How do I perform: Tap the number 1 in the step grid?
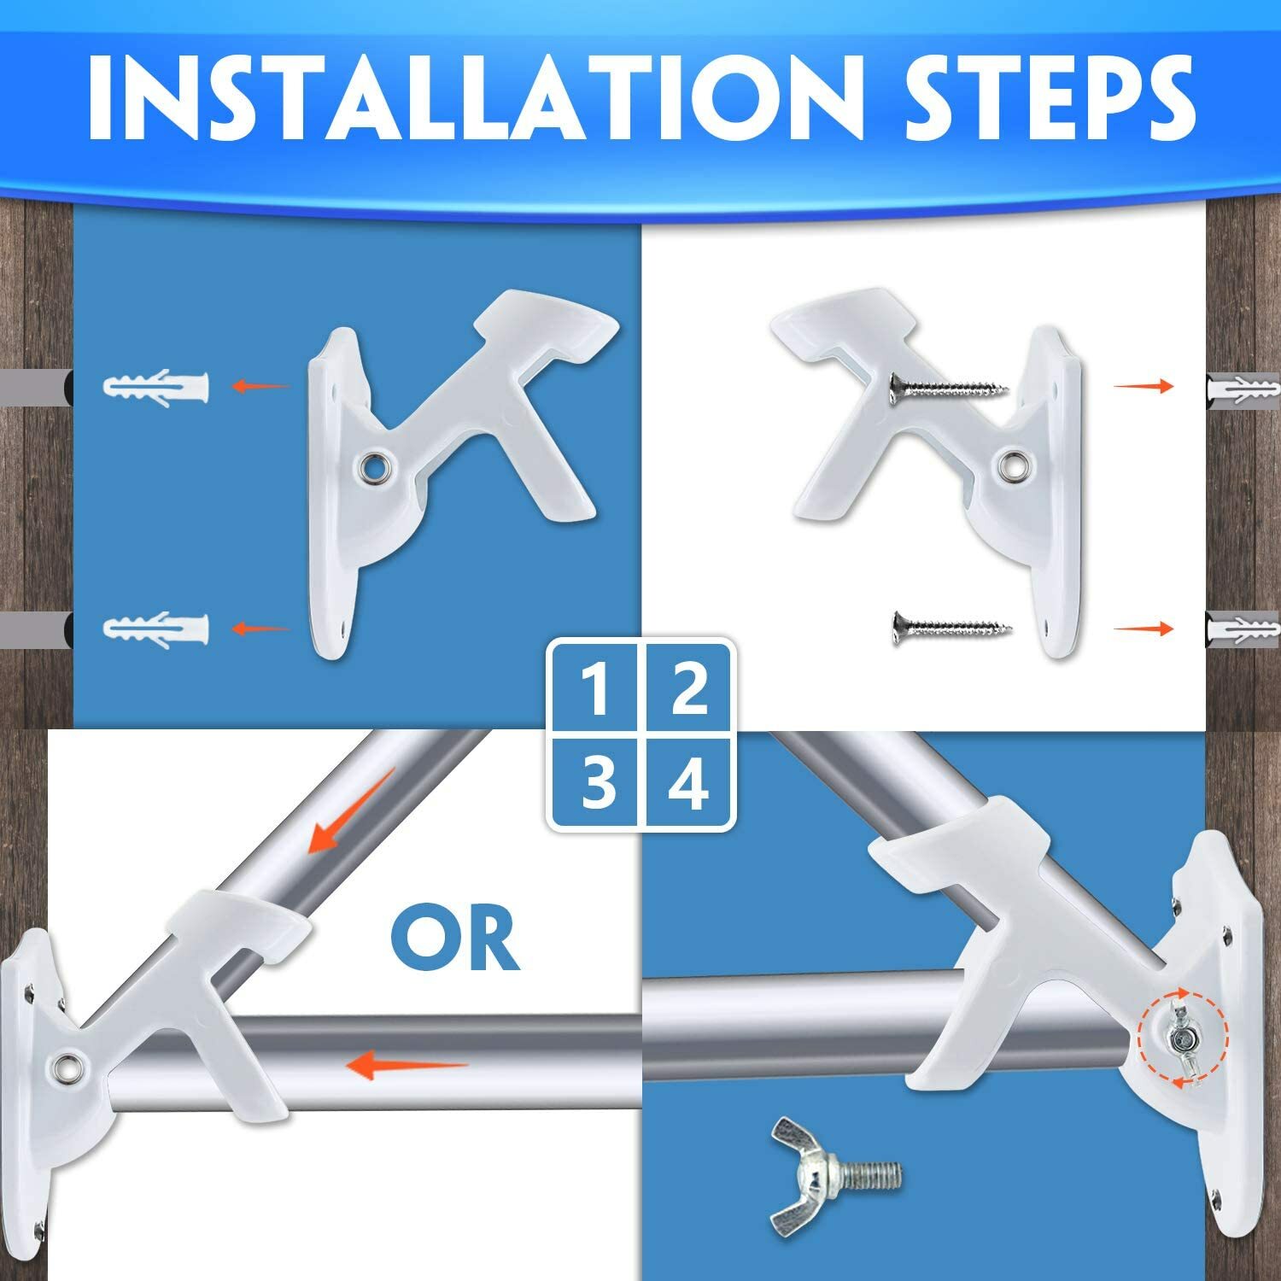click(x=595, y=689)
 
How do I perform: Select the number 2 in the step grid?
click(x=688, y=689)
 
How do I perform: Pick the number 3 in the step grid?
click(x=595, y=783)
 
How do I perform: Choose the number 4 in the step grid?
click(x=688, y=783)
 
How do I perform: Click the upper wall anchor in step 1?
click(x=155, y=387)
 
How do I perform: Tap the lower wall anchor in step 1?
click(x=155, y=629)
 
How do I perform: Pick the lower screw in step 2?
click(x=951, y=629)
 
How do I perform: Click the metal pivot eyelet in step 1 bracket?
click(x=374, y=466)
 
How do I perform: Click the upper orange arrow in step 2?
click(x=1143, y=387)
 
